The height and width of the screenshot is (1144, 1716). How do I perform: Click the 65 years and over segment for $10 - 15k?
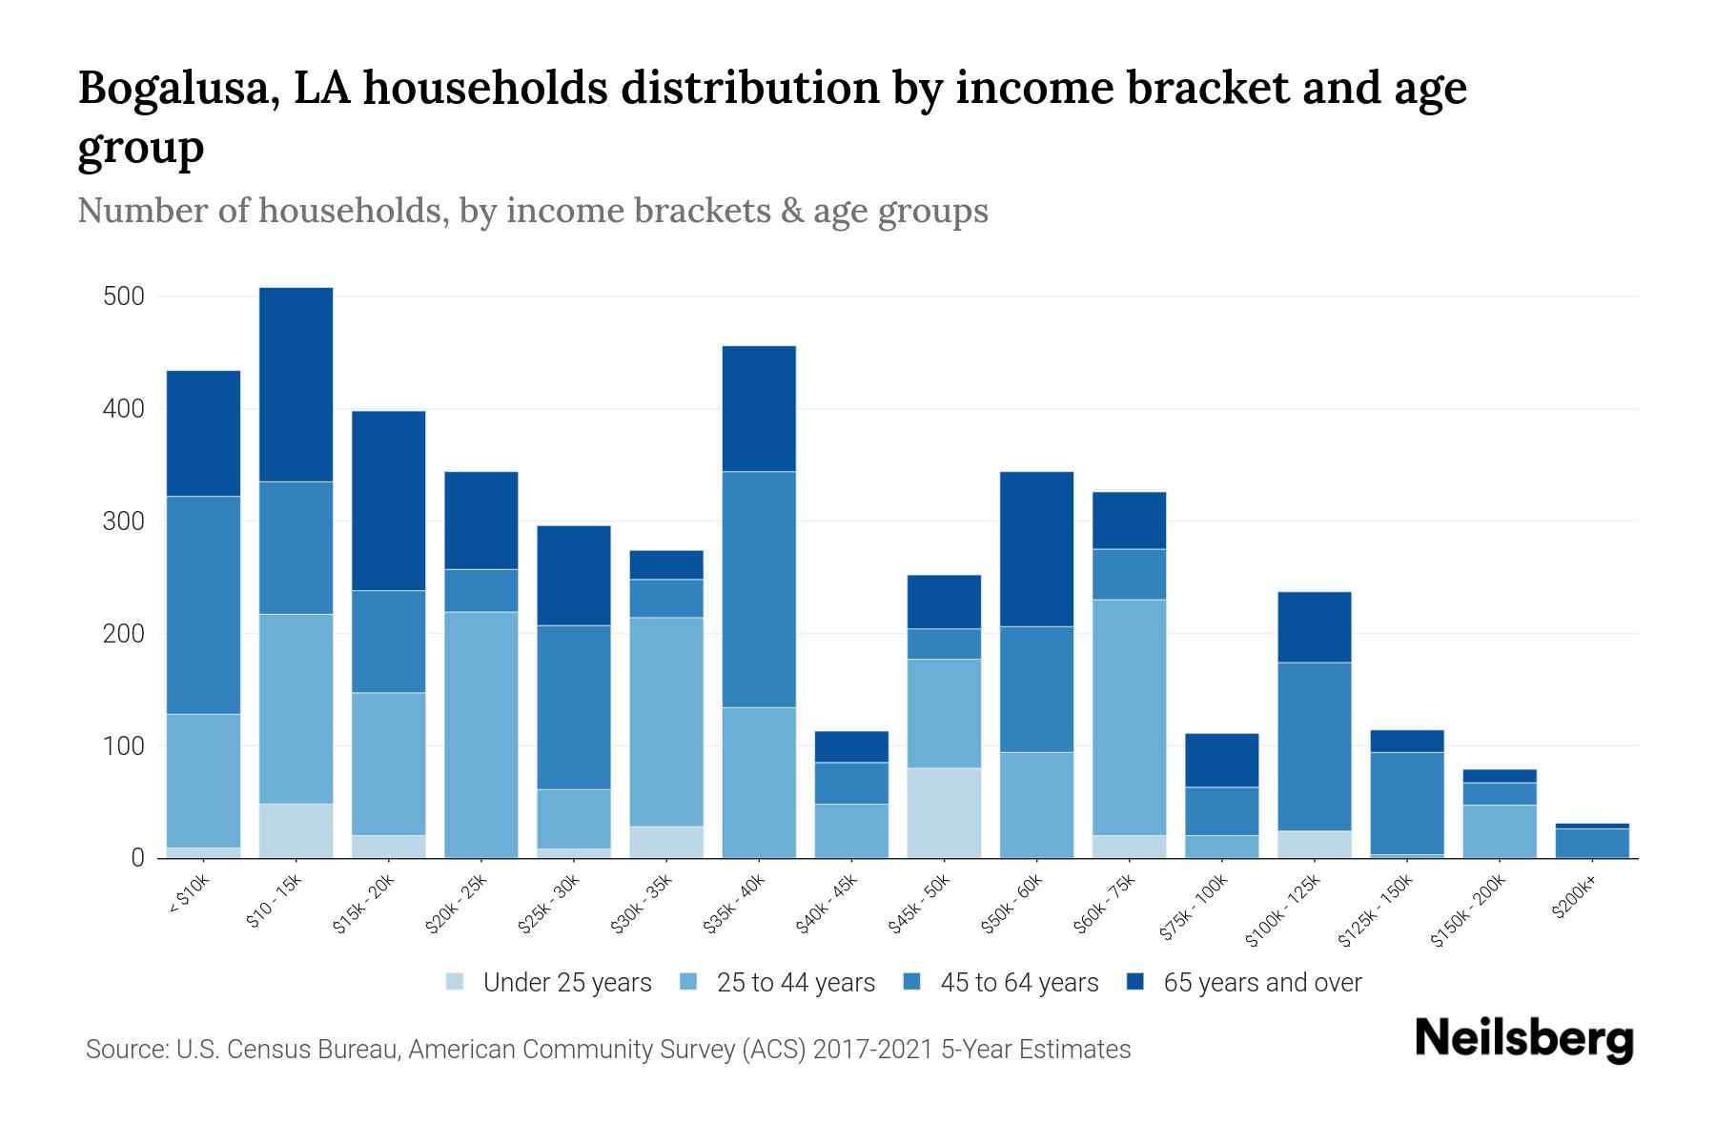click(x=296, y=384)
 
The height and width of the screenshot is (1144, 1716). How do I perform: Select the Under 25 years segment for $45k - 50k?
click(x=944, y=812)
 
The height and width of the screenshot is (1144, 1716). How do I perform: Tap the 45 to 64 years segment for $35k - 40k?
click(x=759, y=589)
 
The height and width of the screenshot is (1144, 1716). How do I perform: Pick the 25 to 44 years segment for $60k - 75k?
click(x=1129, y=717)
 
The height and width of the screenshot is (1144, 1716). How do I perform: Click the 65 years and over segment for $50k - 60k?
click(x=1036, y=548)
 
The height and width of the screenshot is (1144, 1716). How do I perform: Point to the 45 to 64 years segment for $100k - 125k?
click(x=1315, y=746)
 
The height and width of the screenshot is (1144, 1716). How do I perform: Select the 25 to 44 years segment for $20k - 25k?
click(x=481, y=734)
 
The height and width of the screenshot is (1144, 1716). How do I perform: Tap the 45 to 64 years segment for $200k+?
click(x=1592, y=842)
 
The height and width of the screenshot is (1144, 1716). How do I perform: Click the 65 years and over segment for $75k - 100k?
click(x=1221, y=760)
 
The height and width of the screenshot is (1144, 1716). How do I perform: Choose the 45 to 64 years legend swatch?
click(x=912, y=982)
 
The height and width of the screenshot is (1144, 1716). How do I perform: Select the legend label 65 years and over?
click(x=1262, y=983)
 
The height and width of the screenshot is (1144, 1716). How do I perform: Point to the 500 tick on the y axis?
click(x=123, y=296)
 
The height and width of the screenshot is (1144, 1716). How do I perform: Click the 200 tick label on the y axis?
click(x=123, y=634)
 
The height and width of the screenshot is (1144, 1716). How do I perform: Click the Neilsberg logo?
click(x=1523, y=1039)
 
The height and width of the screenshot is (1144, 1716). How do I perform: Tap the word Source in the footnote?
click(x=124, y=1050)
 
